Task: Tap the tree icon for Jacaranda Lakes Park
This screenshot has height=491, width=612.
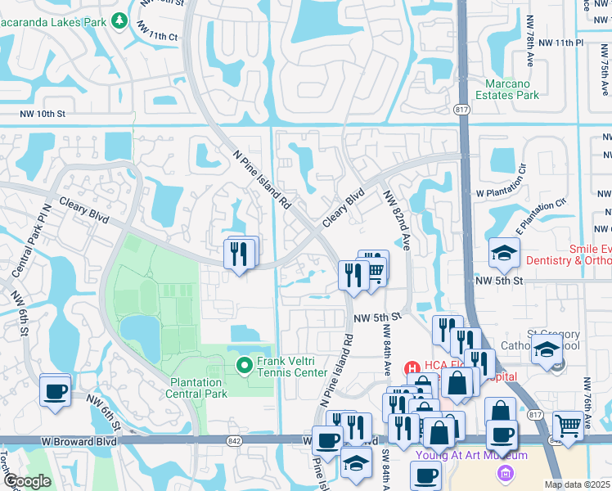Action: click(x=119, y=19)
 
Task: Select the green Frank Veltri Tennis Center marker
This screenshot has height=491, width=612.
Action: click(x=244, y=365)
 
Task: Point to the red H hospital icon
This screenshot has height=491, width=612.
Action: click(x=412, y=371)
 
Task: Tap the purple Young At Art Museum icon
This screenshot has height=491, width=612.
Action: click(x=505, y=472)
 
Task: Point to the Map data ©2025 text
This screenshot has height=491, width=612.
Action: click(x=576, y=484)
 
